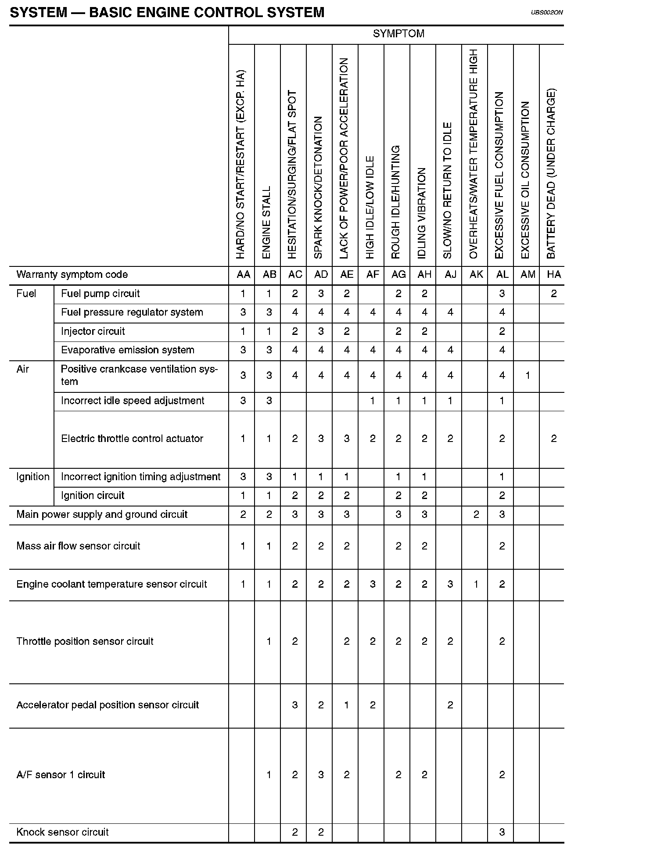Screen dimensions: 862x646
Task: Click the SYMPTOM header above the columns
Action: [x=398, y=34]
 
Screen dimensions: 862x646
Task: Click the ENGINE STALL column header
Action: [x=267, y=223]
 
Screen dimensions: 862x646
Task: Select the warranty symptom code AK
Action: [x=476, y=275]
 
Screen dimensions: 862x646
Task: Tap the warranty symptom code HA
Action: [x=554, y=275]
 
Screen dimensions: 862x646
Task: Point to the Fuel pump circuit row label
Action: [x=100, y=294]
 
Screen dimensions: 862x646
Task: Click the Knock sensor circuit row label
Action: [x=62, y=832]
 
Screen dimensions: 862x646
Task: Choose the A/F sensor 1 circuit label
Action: [x=61, y=775]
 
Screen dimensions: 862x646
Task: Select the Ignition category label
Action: [x=33, y=477]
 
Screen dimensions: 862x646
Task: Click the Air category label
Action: [x=23, y=369]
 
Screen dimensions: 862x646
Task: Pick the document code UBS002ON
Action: [x=546, y=13]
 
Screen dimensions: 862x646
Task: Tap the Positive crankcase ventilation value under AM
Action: [x=528, y=375]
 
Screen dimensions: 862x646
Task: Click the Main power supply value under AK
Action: [x=476, y=514]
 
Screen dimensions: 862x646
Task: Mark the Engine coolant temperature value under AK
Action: [x=476, y=584]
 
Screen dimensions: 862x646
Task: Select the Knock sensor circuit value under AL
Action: [x=502, y=832]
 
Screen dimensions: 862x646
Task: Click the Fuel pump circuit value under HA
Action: [x=554, y=294]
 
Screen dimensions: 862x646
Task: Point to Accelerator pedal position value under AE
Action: [x=347, y=705]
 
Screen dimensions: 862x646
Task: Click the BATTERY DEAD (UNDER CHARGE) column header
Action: [x=552, y=174]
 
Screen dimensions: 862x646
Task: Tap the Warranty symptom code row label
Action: [x=72, y=275]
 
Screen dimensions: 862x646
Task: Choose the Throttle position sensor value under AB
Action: [x=269, y=641]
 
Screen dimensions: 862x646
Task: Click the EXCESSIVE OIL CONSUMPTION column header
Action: [x=526, y=180]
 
